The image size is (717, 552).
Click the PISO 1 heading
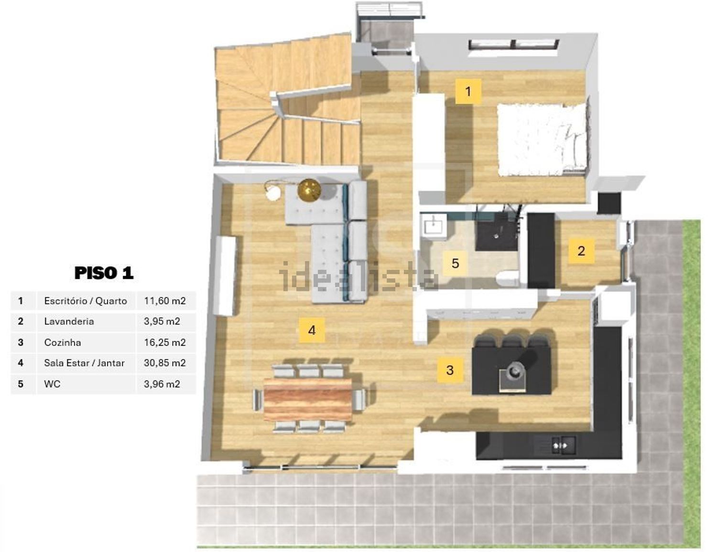(x=104, y=273)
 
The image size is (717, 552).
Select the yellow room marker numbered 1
(x=468, y=91)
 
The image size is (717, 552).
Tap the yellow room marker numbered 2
(x=581, y=251)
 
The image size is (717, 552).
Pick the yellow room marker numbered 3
(x=450, y=370)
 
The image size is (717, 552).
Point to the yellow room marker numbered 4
(x=312, y=330)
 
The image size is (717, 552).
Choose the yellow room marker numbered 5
(x=456, y=263)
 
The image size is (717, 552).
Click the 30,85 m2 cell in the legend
(x=164, y=363)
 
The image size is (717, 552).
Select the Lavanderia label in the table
(x=69, y=321)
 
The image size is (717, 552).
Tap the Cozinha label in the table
(x=62, y=342)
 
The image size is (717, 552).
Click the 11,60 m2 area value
(x=164, y=300)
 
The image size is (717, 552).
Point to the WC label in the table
(x=52, y=384)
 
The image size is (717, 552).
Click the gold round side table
(x=309, y=190)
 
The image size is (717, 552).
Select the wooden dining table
(x=308, y=399)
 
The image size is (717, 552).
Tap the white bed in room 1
(x=542, y=139)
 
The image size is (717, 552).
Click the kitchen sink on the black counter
(x=564, y=446)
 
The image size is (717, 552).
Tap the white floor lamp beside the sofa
(x=272, y=191)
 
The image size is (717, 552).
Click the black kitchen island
(x=511, y=366)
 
